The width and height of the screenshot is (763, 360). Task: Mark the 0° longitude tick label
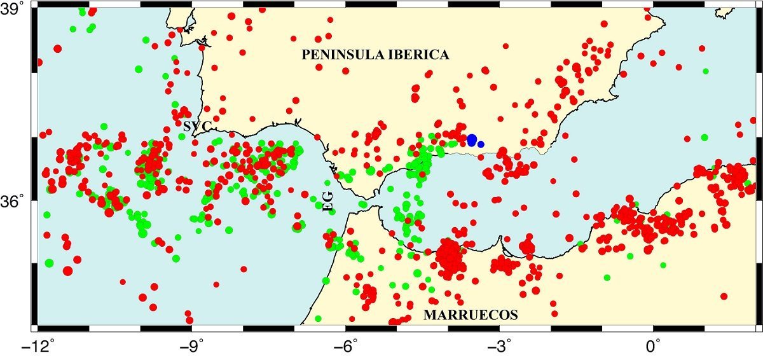pos(654,349)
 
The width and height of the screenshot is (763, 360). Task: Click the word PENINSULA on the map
pos(339,55)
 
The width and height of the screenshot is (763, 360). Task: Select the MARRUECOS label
pos(471,315)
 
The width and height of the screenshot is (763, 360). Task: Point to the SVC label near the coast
pos(197,127)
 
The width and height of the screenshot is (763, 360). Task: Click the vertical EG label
pos(328,200)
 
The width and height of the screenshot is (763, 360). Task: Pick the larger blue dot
pos(472,140)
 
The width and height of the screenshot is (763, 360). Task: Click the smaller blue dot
pos(481,144)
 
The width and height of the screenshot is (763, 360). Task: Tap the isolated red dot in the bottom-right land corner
pos(724,296)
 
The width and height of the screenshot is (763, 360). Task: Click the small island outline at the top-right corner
pos(723,11)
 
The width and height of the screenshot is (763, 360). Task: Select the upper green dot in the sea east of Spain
pos(706,71)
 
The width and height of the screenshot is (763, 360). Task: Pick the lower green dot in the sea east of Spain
pos(704,137)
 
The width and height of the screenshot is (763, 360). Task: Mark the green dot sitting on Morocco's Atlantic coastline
pos(327,280)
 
